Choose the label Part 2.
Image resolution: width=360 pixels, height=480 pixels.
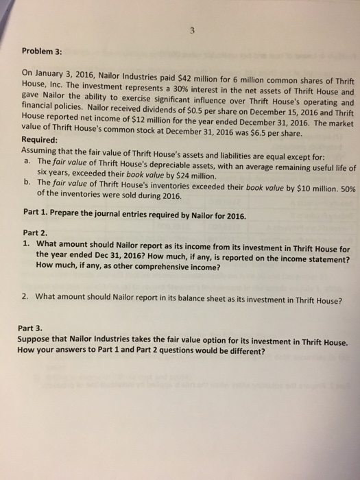coord(34,232)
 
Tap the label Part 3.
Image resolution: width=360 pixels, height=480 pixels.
coord(34,328)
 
